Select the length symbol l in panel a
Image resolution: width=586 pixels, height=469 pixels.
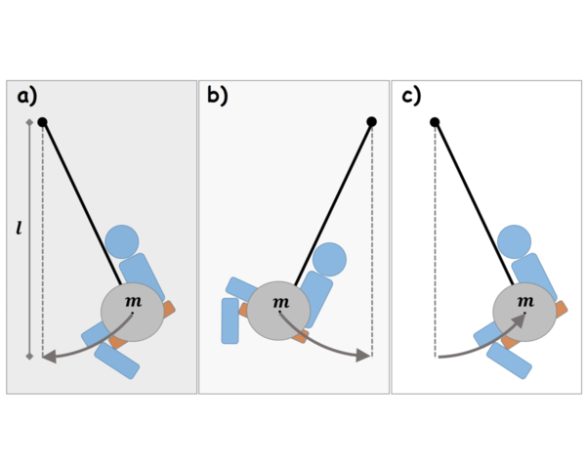pos(21,229)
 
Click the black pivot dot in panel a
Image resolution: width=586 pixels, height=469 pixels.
pos(42,122)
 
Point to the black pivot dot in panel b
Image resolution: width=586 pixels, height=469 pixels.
pos(371,122)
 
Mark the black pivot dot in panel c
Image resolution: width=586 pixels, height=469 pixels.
pos(435,122)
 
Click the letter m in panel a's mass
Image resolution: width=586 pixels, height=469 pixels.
pos(134,301)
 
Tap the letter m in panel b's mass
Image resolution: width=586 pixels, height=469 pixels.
pos(280,301)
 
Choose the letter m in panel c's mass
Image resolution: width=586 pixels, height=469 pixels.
pos(524,301)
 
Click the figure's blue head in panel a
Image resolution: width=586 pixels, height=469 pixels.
pos(122,240)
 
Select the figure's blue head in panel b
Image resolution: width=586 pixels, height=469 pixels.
pos(330,259)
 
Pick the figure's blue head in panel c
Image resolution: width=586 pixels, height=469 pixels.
pos(514,240)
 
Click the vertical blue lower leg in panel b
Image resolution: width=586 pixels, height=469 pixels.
pos(230,320)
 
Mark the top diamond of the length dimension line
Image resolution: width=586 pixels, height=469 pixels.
pos(29,122)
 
